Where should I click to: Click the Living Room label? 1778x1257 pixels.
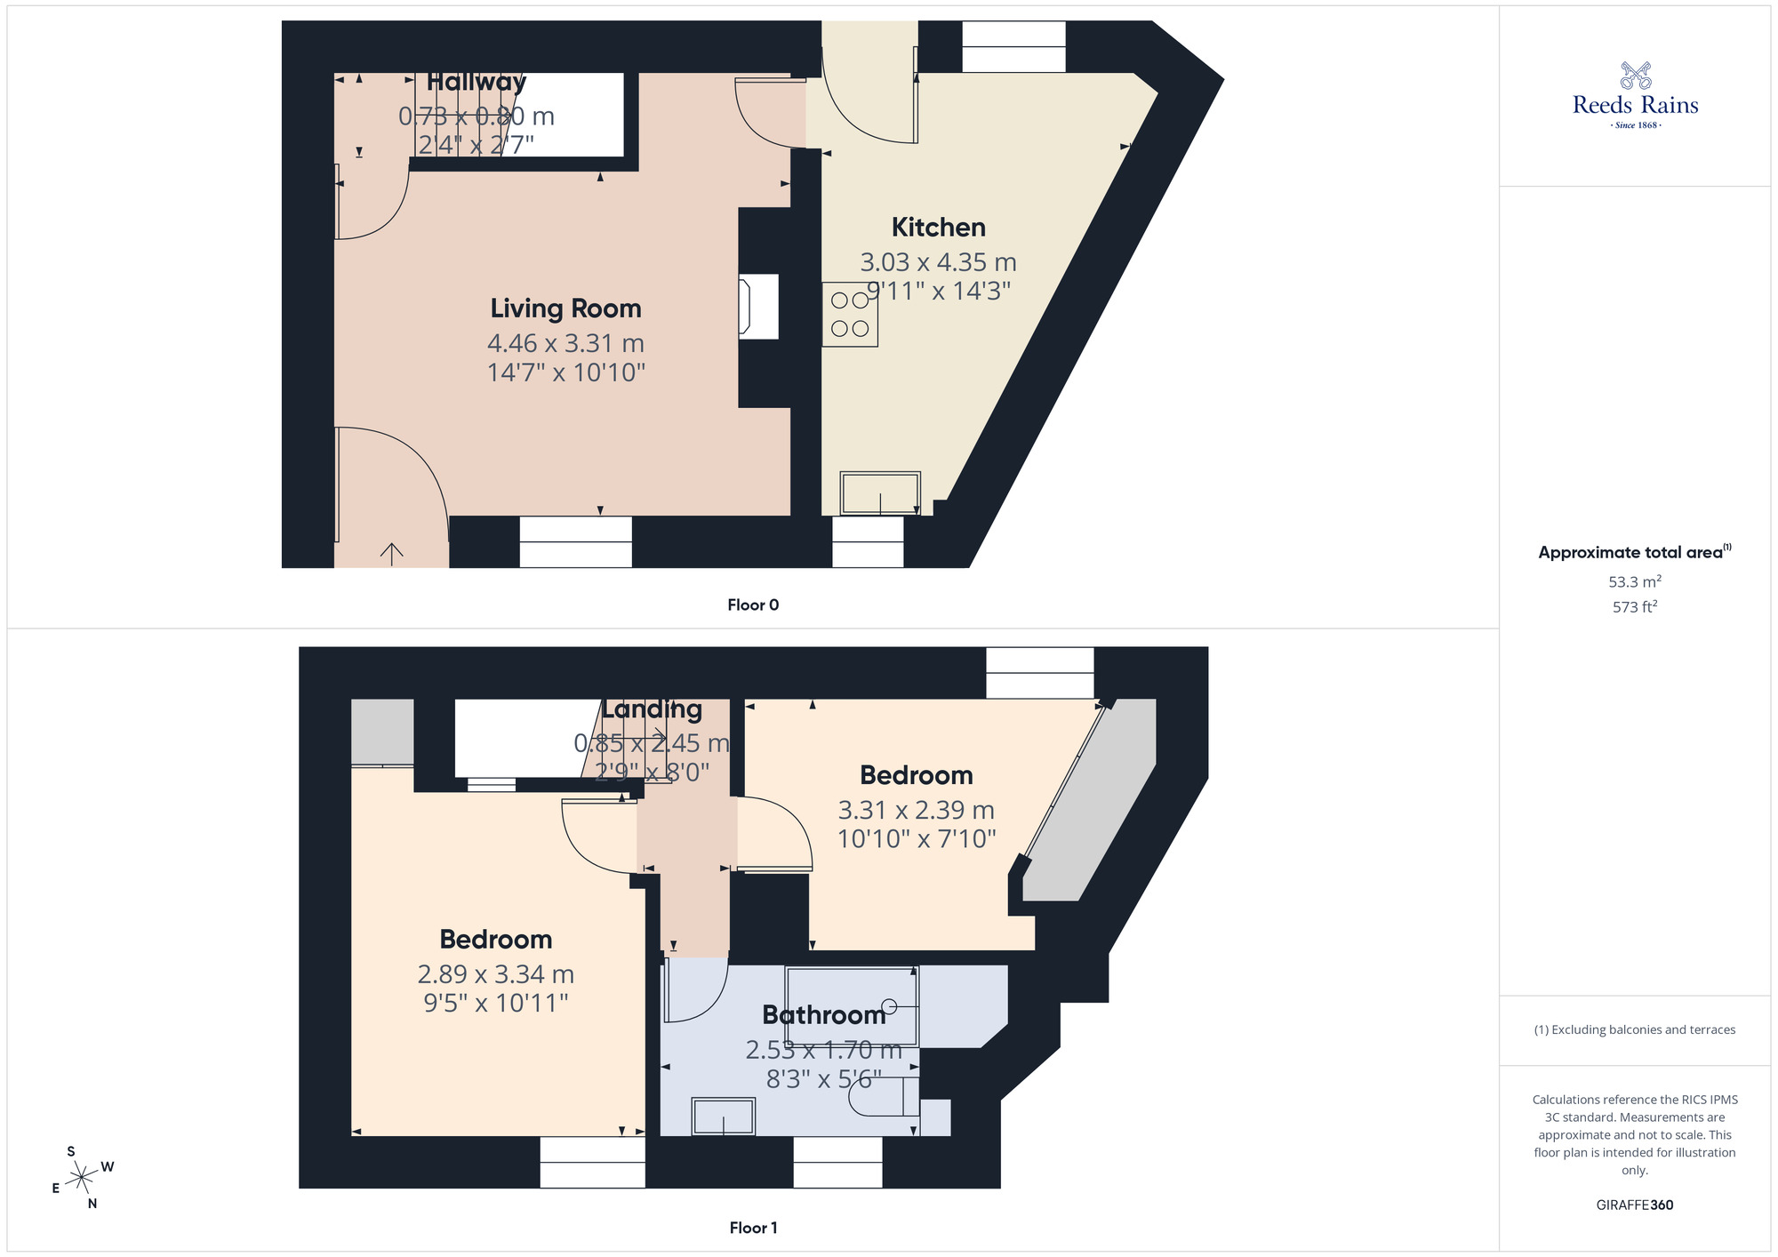(565, 308)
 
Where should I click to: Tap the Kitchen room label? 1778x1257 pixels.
(938, 228)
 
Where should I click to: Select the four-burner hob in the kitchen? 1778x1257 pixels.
(850, 315)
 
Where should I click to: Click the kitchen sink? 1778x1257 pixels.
(880, 493)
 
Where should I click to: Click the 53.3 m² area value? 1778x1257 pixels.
(1634, 582)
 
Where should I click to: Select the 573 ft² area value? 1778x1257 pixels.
(1634, 607)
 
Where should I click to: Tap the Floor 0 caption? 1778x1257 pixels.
(753, 605)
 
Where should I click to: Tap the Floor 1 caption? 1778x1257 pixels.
(753, 1228)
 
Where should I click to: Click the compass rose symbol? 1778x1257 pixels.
(83, 1178)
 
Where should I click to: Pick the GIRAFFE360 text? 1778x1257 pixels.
(1634, 1205)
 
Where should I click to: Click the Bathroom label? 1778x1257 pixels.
(824, 1015)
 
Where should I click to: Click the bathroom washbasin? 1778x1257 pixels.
(724, 1117)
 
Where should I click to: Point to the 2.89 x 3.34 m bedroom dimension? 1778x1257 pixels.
(495, 975)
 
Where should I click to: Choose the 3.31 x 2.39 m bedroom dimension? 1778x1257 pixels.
(916, 811)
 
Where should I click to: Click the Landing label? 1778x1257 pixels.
(652, 709)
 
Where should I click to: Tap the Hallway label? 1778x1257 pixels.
(477, 82)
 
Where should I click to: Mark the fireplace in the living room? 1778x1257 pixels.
(757, 307)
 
